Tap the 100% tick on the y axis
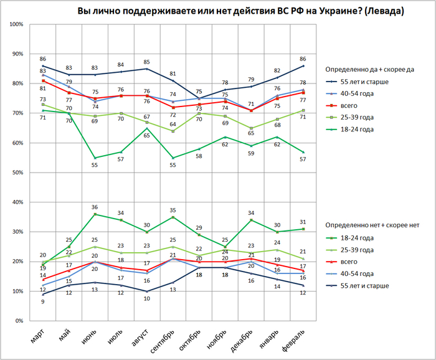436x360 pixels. pyautogui.click(x=16, y=24)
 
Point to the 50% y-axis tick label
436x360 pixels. pyautogui.click(x=17, y=173)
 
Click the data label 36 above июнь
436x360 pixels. pyautogui.click(x=94, y=207)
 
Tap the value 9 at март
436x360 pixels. pyautogui.click(x=43, y=301)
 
